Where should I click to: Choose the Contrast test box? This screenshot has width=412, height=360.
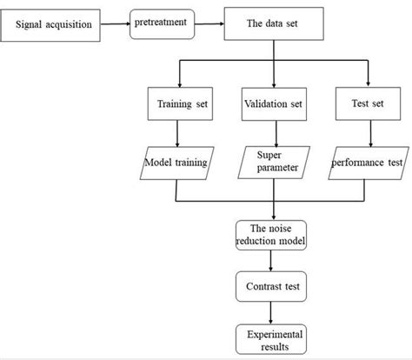coord(273,284)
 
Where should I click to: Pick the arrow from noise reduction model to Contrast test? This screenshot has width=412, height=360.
coord(274,258)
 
